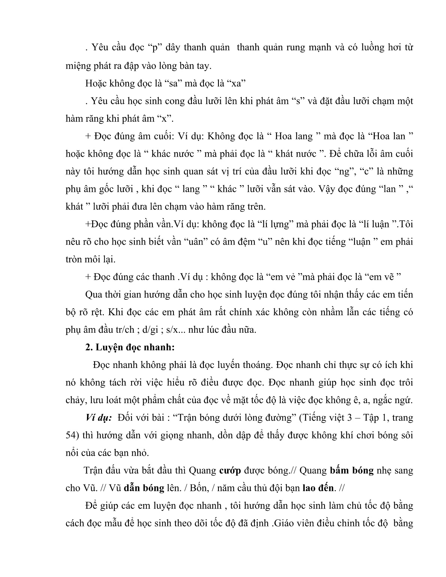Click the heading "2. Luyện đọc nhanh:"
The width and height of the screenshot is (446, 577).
tap(130, 347)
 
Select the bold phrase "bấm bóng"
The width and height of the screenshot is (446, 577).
tap(352, 471)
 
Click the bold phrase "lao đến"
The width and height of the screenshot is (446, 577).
tap(318, 488)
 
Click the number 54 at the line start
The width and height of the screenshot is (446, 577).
tap(70, 435)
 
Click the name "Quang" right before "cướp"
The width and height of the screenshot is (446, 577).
tap(202, 471)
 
